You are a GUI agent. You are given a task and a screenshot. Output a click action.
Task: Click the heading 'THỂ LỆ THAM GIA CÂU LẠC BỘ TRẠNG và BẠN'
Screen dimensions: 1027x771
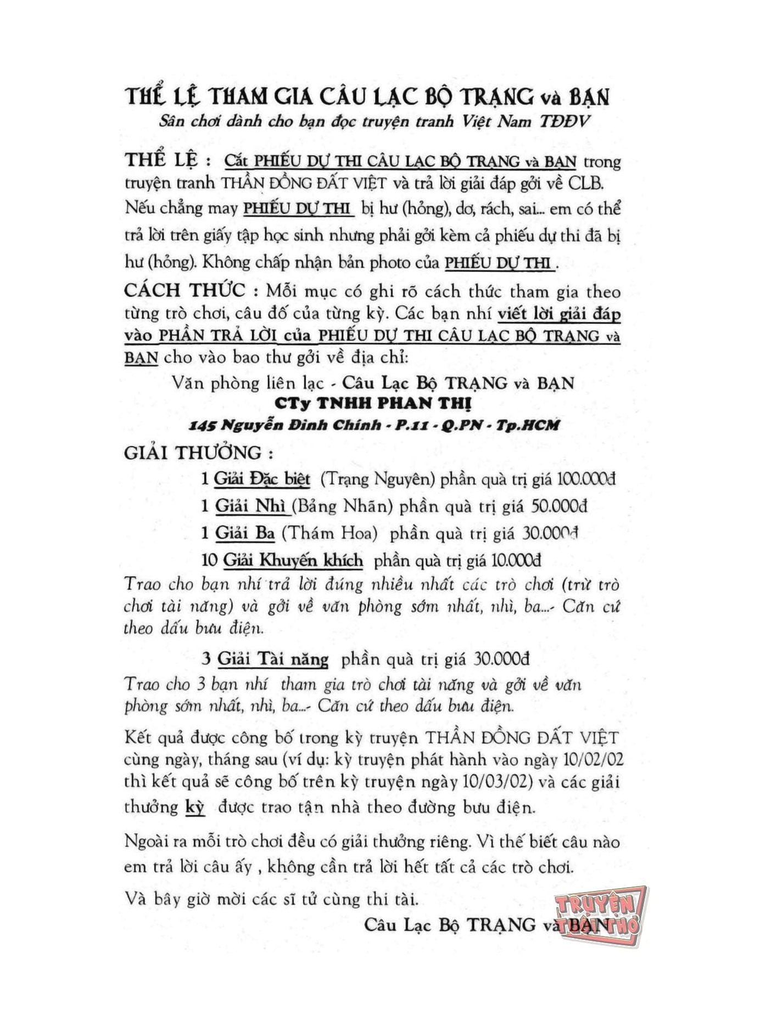[367, 97]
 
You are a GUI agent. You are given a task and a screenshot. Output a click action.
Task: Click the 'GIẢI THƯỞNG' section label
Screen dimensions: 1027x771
[198, 453]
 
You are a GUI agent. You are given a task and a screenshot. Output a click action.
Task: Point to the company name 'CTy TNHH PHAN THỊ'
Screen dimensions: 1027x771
[373, 403]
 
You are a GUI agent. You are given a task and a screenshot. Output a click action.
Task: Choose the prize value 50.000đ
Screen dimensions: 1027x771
[560, 506]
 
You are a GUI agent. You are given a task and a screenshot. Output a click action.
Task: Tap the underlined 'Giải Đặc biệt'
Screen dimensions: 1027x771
[262, 479]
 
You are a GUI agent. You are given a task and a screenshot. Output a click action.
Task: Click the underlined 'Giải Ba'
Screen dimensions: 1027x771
[244, 533]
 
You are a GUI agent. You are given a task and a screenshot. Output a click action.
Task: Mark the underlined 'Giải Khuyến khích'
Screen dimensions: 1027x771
[293, 560]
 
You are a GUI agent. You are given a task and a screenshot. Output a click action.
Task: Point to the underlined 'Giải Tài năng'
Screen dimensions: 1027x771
[273, 659]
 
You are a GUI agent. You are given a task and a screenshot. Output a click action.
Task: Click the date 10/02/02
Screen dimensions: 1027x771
[594, 760]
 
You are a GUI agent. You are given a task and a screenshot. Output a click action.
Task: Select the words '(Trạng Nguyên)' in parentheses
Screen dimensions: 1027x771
[377, 479]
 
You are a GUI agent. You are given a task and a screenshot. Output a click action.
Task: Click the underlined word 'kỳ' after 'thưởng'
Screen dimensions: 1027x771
[195, 807]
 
